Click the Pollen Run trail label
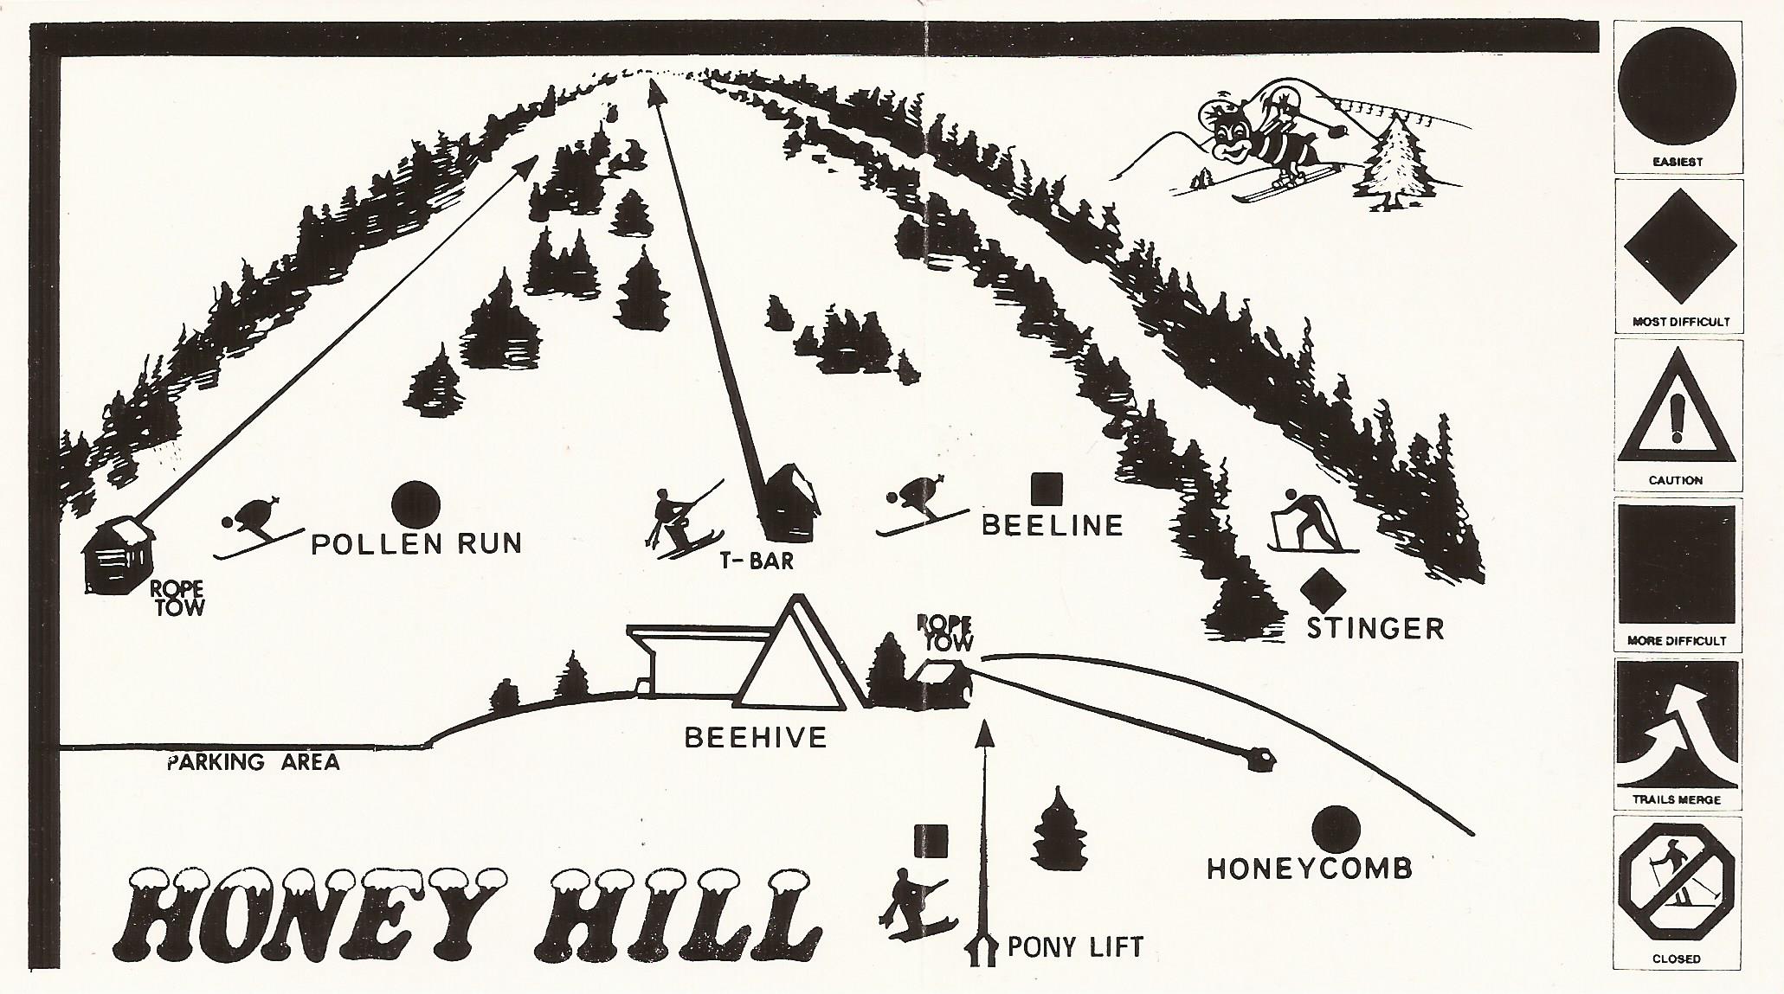(x=416, y=543)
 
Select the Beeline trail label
(x=1052, y=525)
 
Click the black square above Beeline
(x=1047, y=488)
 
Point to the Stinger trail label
(x=1375, y=627)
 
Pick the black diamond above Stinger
(x=1321, y=589)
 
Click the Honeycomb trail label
(x=1309, y=868)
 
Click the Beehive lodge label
(x=756, y=737)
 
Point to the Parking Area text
(x=253, y=762)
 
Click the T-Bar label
(x=756, y=561)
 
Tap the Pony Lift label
(x=1074, y=946)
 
